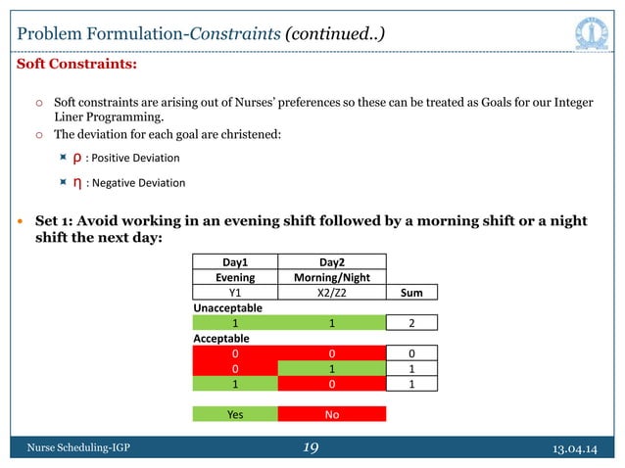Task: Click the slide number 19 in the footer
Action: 312,448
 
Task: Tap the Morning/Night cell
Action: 332,277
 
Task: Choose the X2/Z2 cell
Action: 332,292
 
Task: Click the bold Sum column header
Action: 411,292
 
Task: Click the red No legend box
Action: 332,414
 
